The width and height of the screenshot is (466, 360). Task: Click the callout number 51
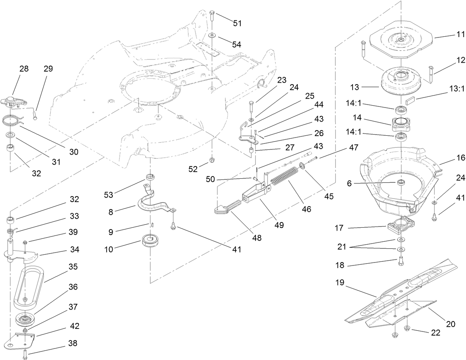pos(237,23)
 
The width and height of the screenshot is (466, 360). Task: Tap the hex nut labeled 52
pos(213,160)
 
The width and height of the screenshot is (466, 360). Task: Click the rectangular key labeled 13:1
pos(409,100)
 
